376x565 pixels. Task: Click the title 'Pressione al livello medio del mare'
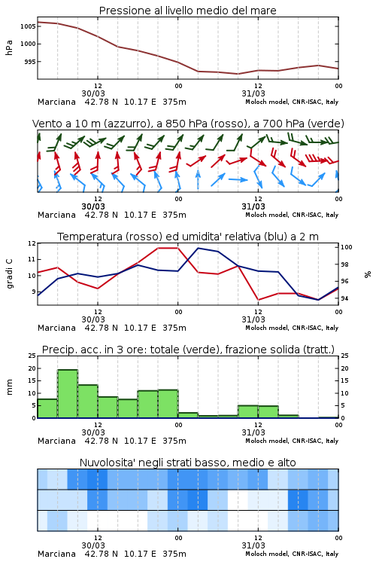(187, 11)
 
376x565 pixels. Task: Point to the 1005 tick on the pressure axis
(28, 26)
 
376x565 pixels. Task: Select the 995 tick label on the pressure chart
(30, 62)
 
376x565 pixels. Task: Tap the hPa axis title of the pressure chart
(9, 47)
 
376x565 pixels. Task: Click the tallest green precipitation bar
(68, 393)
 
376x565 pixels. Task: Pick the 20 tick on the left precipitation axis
(32, 368)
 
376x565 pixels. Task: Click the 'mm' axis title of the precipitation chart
(9, 387)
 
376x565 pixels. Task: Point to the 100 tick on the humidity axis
(346, 247)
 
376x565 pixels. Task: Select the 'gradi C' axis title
(9, 274)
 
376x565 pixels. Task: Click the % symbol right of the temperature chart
(368, 274)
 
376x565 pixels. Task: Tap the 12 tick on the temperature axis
(32, 243)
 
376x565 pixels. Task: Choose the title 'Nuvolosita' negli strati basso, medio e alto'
(187, 463)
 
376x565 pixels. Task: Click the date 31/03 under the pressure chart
(253, 93)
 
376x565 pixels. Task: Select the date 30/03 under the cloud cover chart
(93, 545)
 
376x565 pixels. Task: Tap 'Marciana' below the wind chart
(56, 215)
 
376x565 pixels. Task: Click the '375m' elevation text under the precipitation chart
(174, 441)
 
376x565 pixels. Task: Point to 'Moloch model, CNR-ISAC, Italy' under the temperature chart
(292, 328)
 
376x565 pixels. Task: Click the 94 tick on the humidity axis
(344, 298)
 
